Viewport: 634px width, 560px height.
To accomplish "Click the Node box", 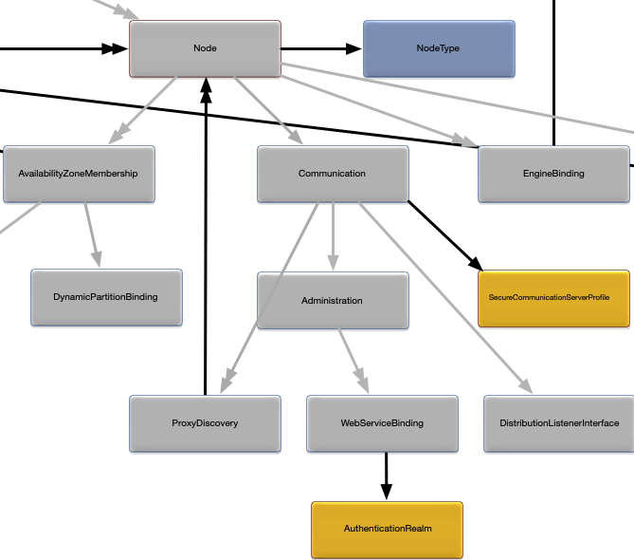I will coord(205,48).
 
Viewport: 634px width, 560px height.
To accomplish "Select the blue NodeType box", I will coord(439,48).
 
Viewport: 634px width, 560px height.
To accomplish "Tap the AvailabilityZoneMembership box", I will coord(79,174).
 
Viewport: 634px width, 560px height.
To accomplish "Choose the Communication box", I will coord(333,174).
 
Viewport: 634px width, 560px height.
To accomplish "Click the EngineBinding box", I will coord(553,174).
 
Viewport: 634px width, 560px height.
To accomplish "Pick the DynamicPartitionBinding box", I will coord(106,297).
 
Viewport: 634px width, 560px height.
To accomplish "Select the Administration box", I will coord(333,301).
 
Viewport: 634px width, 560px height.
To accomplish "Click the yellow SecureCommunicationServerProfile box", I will coord(553,298).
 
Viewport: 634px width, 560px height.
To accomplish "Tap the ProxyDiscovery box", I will coord(205,423).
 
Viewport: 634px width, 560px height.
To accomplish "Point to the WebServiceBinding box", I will coord(382,423).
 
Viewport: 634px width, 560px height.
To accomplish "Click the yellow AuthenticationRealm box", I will coord(387,529).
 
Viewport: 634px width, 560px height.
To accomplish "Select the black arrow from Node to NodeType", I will coord(321,48).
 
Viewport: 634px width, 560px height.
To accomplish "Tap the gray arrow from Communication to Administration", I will coord(333,236).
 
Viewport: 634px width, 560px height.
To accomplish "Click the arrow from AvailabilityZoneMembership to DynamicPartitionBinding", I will coord(90,233).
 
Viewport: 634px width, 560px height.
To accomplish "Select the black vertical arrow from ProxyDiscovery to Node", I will coord(205,237).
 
